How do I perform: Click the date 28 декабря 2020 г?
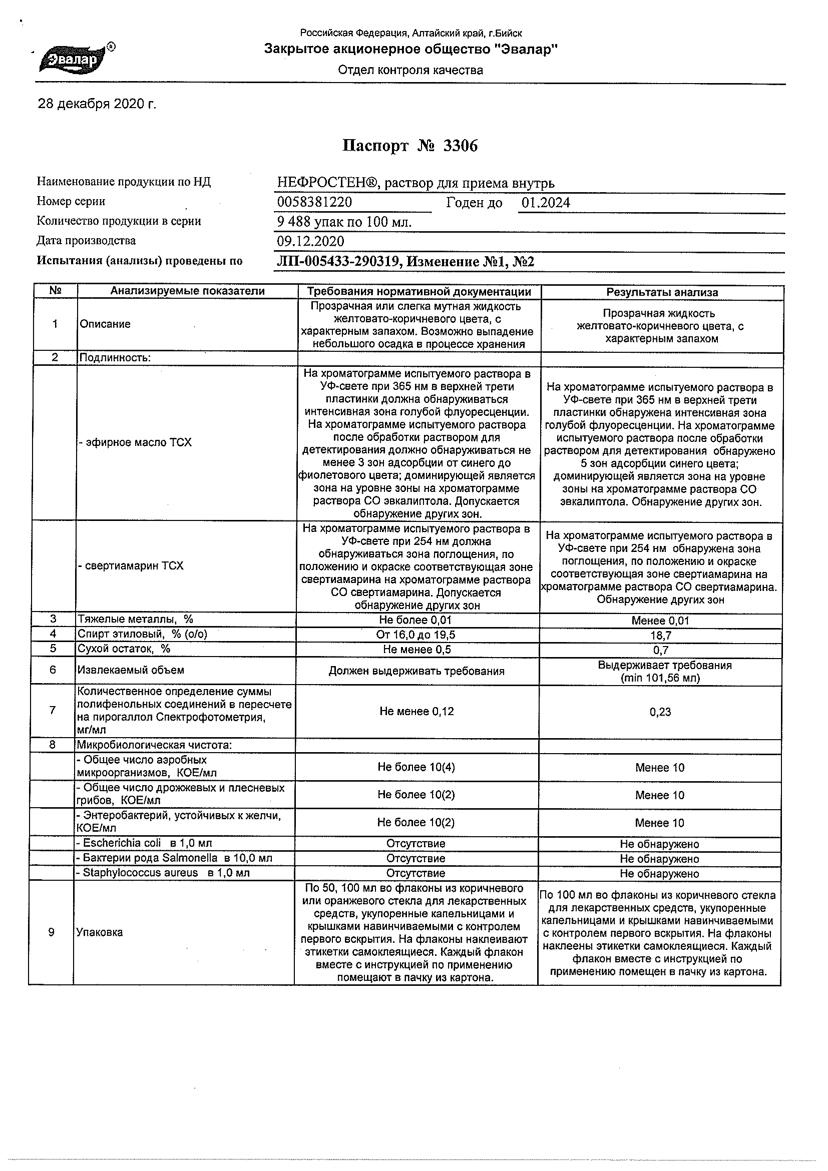coord(97,105)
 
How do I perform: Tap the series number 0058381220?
coord(314,203)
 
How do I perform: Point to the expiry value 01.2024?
coord(545,203)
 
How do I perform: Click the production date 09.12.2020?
coord(310,241)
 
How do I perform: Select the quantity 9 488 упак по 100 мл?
coord(344,222)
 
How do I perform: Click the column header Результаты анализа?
coord(662,292)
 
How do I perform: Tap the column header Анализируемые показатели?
coord(187,291)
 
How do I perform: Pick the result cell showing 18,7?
coord(661,636)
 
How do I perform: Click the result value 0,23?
coord(660,712)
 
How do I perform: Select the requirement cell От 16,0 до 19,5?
coord(417,635)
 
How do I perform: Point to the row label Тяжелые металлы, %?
coord(135,619)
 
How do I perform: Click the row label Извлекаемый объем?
coord(131,670)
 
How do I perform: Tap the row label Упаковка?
coord(100,932)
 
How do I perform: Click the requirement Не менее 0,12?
coord(417,712)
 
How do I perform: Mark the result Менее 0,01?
coord(660,621)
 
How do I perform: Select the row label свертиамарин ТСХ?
coord(132,565)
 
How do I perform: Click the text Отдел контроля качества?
coord(410,71)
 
